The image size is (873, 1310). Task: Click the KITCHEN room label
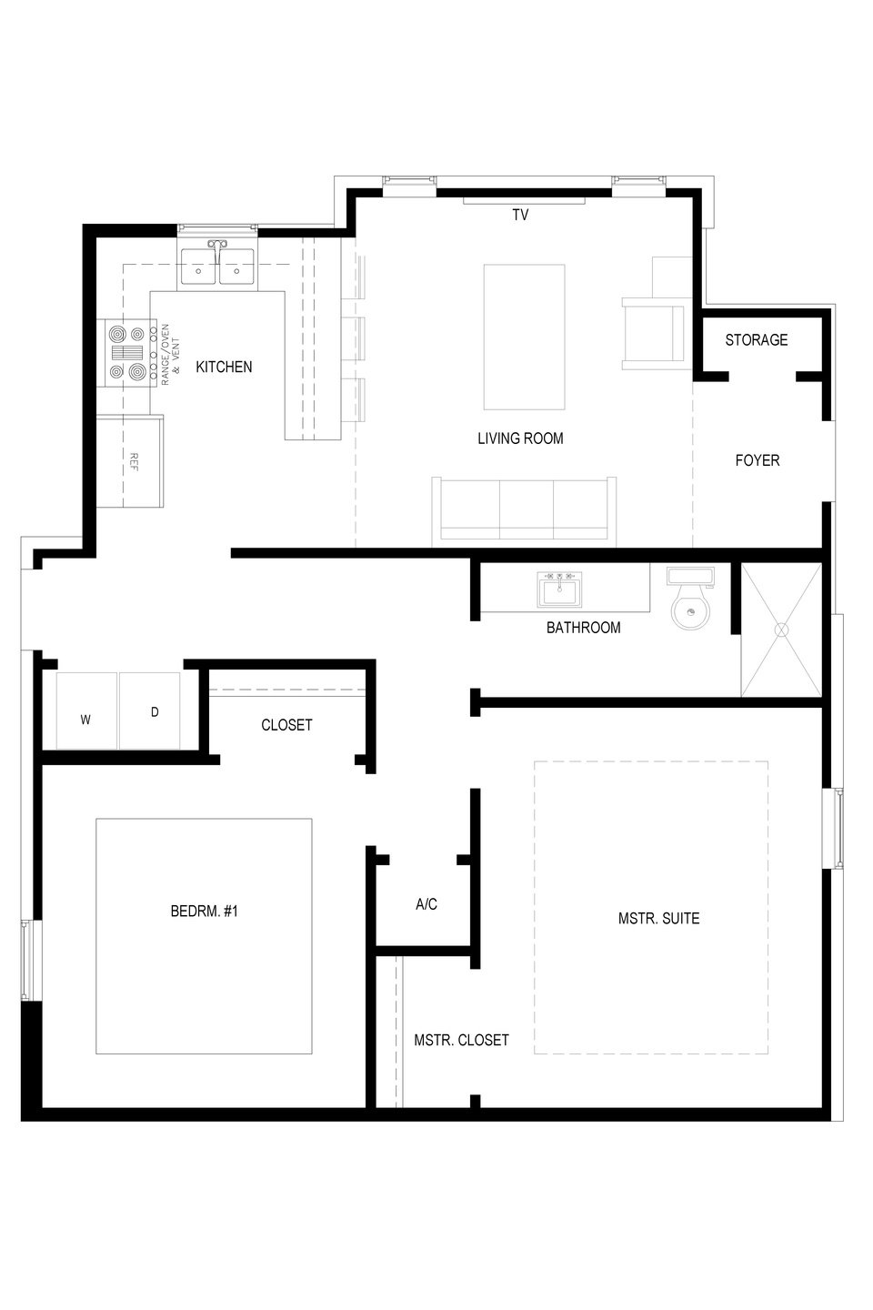pos(224,367)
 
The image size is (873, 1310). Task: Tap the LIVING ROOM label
pos(520,438)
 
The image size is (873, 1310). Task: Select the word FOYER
pos(758,460)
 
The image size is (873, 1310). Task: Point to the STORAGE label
pos(756,340)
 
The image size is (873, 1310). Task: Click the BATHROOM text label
pos(584,628)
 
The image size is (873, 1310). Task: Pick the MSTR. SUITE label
pos(659,918)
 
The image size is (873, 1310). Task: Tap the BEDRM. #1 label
pos(204,912)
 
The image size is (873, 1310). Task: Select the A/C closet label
pos(426,904)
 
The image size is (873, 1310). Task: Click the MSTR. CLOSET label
pos(461,1040)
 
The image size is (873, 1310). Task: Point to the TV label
pos(520,216)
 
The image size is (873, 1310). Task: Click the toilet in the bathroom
pos(690,599)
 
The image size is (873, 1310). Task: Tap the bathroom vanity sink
pos(559,589)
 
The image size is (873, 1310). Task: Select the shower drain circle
pos(782,630)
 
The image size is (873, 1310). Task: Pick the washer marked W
pos(87,710)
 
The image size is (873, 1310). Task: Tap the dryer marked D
pos(150,710)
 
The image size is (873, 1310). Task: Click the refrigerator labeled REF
pos(130,461)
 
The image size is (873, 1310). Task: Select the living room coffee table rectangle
pos(524,337)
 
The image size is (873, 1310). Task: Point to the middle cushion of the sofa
pos(527,509)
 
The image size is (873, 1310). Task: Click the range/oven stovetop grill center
pos(127,353)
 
